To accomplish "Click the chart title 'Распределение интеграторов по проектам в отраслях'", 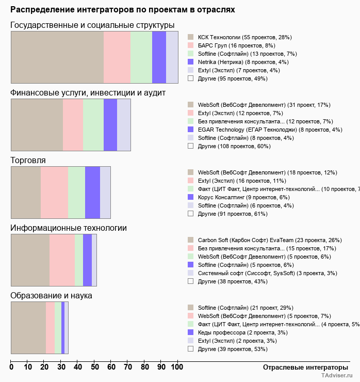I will [x=123, y=10].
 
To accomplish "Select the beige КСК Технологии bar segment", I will [x=57, y=57].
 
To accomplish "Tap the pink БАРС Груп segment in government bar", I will [x=117, y=57].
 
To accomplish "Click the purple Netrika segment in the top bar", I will [x=159, y=57].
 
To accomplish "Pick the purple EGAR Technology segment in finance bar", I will [x=110, y=125].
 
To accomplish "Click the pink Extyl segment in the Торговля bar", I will [x=54, y=193].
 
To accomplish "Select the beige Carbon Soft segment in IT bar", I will [x=30, y=260].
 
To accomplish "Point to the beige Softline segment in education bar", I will [x=28, y=328].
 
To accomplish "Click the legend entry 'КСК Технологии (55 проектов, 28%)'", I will [x=245, y=37].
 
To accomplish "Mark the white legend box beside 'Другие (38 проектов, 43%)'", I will [x=190, y=281].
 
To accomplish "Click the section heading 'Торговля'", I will [x=28, y=161].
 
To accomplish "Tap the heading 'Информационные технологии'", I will [x=69, y=228].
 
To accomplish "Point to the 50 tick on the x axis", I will [x=94, y=367].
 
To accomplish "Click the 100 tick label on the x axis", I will [x=177, y=367].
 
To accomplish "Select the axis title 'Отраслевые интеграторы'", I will [x=302, y=367].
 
